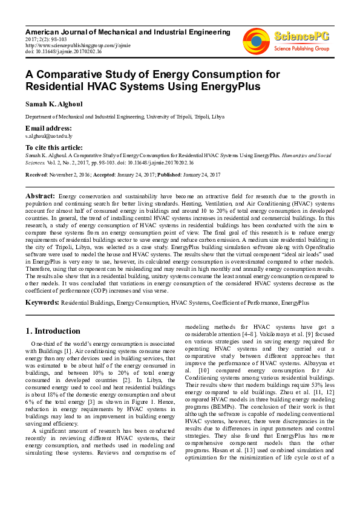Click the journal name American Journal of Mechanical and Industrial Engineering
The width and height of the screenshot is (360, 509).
[128, 31]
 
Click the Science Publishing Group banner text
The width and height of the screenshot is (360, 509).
[301, 48]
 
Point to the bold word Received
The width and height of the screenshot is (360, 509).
[38, 174]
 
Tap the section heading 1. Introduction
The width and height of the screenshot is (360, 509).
[52, 331]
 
